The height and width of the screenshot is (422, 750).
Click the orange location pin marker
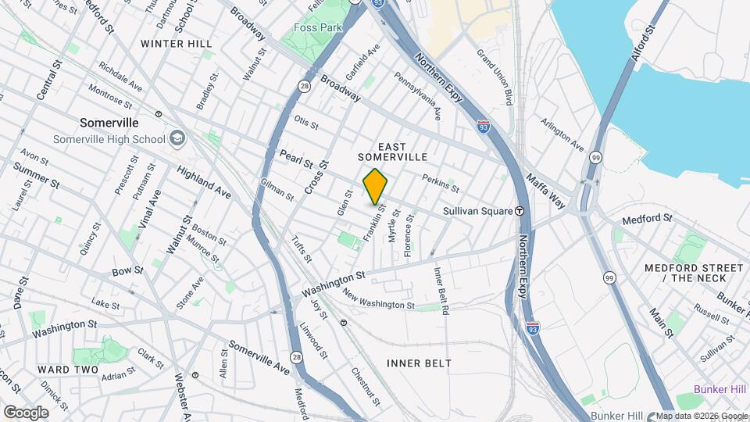(x=376, y=186)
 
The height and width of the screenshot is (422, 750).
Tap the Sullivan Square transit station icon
(x=520, y=211)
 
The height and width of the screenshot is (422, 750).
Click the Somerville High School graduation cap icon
(x=177, y=139)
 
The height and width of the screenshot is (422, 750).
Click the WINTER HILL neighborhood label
(x=177, y=44)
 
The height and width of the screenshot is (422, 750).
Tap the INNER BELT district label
(x=420, y=363)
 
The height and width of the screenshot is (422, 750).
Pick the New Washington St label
(x=378, y=299)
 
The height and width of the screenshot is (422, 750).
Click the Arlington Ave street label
(x=562, y=134)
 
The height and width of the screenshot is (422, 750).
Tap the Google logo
(x=26, y=413)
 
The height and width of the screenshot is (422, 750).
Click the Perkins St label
(x=440, y=183)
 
